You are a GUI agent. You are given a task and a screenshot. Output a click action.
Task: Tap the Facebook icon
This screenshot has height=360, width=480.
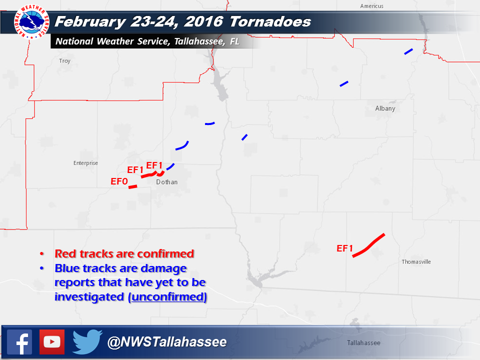click(x=19, y=342)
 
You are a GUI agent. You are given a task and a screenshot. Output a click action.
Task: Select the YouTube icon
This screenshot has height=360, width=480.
click(x=51, y=342)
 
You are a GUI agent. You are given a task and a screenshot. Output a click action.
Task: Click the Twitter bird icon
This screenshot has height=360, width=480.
click(x=87, y=342)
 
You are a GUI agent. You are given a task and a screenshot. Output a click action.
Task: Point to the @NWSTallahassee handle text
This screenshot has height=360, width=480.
click(x=167, y=342)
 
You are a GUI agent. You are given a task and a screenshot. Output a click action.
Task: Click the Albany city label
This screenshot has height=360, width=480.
click(x=385, y=108)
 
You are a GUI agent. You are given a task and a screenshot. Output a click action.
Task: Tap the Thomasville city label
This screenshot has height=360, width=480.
click(x=416, y=262)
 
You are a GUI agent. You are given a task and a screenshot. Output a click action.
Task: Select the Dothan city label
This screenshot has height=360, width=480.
click(x=166, y=182)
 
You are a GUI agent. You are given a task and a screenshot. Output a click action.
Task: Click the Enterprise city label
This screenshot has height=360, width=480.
click(x=85, y=163)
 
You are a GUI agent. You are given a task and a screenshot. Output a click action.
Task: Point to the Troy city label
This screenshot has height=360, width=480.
click(x=64, y=61)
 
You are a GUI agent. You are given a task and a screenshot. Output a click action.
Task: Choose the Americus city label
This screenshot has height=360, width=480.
click(x=371, y=6)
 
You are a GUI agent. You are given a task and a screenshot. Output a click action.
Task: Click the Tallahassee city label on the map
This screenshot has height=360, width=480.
click(x=363, y=343)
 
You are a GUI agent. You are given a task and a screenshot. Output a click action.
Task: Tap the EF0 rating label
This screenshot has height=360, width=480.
click(x=119, y=181)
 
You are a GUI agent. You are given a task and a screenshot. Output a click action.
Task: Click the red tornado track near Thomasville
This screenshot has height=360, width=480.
click(x=369, y=245)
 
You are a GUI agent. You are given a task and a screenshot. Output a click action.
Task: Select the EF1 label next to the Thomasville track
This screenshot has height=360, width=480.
click(x=345, y=248)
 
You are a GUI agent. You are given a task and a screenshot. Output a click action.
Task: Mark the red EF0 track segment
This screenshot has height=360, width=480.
click(x=132, y=187)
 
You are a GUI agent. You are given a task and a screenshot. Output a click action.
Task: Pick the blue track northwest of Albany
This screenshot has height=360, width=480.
click(x=343, y=83)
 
